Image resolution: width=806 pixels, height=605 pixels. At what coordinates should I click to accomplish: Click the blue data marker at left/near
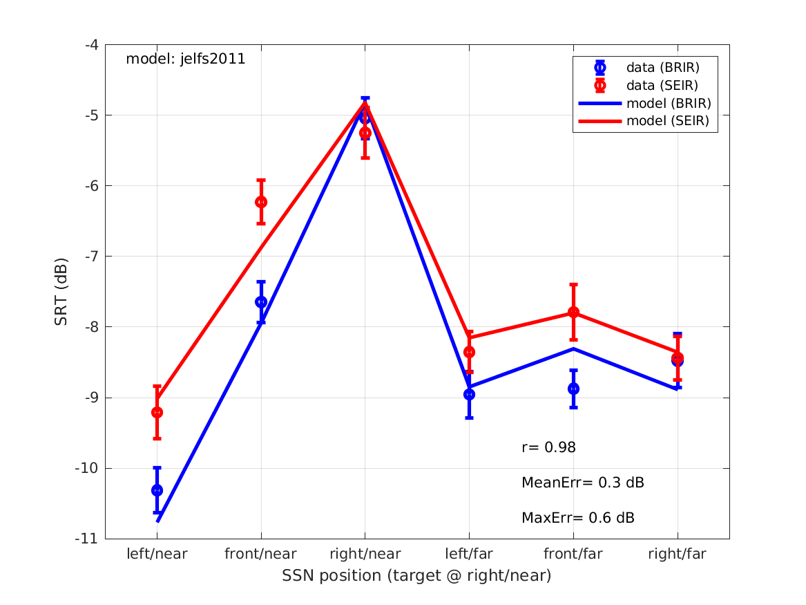(x=157, y=490)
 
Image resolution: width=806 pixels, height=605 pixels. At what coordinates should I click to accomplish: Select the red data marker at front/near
(x=261, y=202)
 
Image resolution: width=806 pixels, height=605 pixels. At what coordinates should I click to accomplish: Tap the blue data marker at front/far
(x=573, y=389)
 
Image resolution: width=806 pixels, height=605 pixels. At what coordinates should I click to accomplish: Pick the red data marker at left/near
(x=157, y=412)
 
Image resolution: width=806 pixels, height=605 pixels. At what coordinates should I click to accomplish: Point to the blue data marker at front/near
(x=261, y=302)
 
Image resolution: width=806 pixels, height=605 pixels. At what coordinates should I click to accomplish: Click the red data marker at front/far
(x=573, y=312)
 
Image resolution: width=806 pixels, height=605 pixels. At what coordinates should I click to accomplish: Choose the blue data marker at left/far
(x=469, y=394)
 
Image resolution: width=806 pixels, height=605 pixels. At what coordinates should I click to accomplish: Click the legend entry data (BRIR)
(x=662, y=68)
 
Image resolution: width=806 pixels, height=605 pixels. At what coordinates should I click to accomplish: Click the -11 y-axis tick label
(x=88, y=539)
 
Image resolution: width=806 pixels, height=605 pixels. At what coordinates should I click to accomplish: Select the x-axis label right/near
(x=365, y=554)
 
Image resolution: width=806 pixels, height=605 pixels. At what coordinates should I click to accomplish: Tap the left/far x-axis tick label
(x=469, y=554)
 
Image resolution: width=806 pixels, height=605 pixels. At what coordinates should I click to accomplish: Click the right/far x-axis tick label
(x=678, y=554)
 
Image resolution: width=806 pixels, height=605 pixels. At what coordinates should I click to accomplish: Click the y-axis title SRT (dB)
(x=61, y=292)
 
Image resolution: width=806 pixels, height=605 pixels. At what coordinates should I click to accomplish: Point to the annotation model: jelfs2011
(x=185, y=59)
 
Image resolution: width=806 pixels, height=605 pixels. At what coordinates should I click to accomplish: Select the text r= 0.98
(x=548, y=448)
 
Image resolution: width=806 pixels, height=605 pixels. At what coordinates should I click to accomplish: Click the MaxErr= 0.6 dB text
(x=578, y=518)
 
